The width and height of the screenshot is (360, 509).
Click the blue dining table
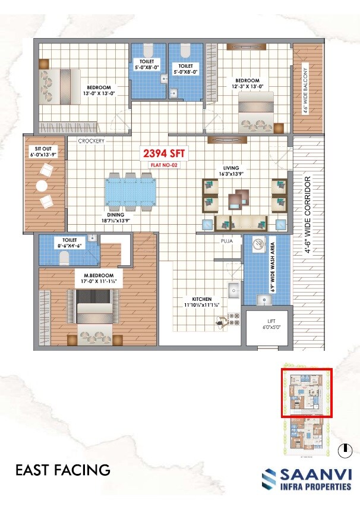129,191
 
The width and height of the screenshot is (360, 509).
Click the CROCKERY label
91,141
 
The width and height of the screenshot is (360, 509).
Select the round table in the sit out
42,186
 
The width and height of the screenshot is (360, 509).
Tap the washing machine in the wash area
259,244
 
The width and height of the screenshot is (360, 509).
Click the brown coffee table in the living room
241,197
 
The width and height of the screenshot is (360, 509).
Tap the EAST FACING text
62,470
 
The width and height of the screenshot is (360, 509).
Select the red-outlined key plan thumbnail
306,393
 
